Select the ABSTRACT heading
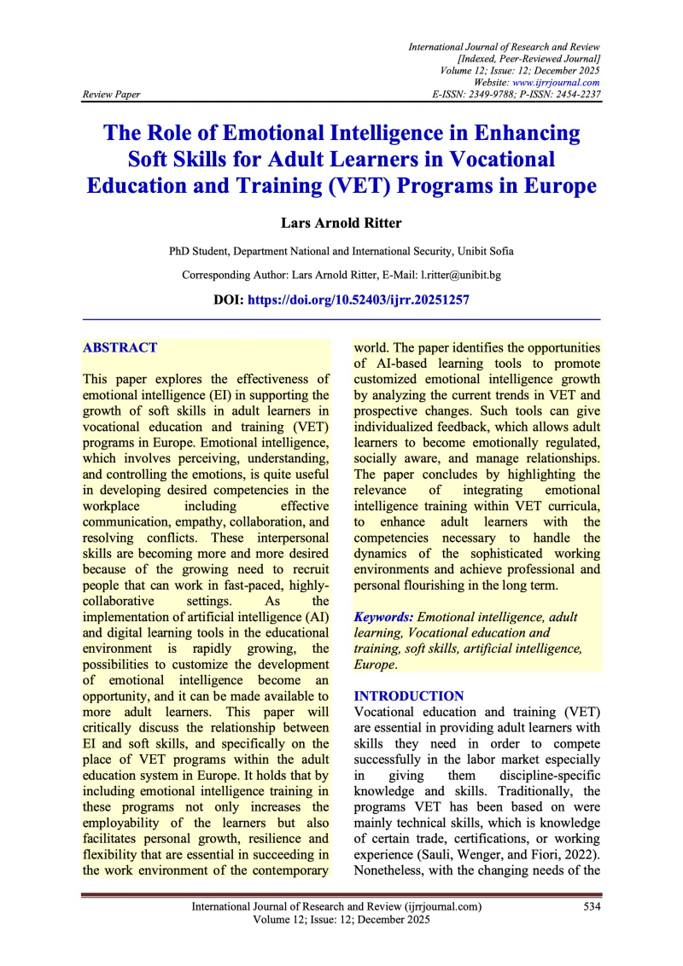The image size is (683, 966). (x=120, y=347)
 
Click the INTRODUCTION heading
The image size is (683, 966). (x=409, y=696)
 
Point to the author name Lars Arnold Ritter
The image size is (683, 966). (x=341, y=223)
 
